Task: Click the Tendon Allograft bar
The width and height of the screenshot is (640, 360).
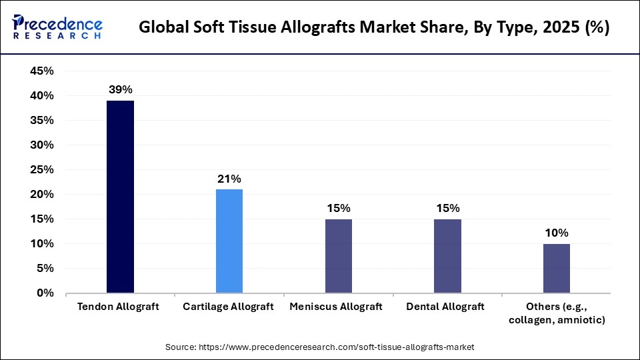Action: point(120,197)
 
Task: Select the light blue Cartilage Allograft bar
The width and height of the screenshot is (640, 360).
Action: point(229,241)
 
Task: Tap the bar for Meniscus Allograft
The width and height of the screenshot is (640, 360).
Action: point(339,255)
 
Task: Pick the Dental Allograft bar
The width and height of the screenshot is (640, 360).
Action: point(447,255)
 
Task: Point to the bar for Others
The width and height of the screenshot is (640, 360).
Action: point(557,268)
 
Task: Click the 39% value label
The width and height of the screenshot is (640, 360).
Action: point(120,89)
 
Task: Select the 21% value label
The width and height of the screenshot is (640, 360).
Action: point(229,178)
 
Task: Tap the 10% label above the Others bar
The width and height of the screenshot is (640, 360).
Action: point(557,233)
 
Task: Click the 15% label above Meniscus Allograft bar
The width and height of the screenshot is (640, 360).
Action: point(339,208)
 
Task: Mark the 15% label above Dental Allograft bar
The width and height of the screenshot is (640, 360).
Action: point(447,208)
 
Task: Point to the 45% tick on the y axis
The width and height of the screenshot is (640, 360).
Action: point(42,71)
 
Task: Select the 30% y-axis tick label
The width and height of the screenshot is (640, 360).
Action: point(42,145)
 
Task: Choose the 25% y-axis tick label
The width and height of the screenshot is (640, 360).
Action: point(42,170)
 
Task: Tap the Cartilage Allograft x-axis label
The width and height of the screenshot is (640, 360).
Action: point(229,307)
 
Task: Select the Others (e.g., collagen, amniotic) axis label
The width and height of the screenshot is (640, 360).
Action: point(557,313)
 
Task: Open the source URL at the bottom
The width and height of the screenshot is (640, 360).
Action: point(319,347)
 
